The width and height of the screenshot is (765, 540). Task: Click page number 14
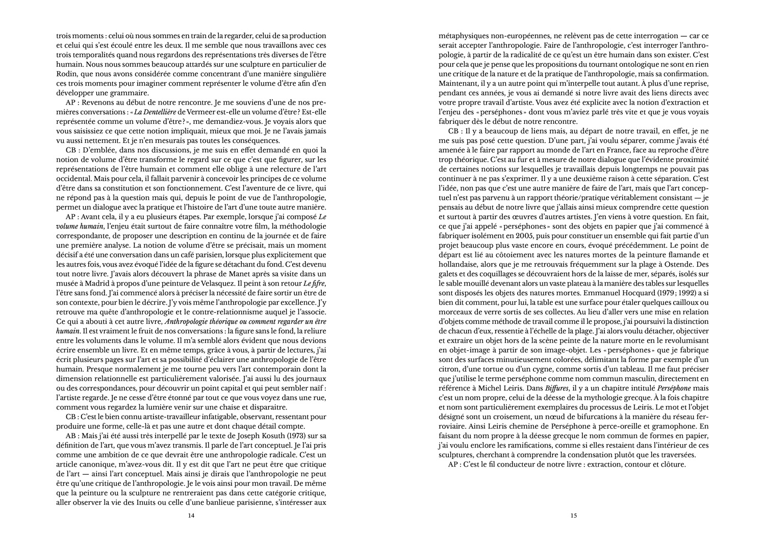click(x=191, y=516)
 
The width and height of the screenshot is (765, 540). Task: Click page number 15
click(x=573, y=516)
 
